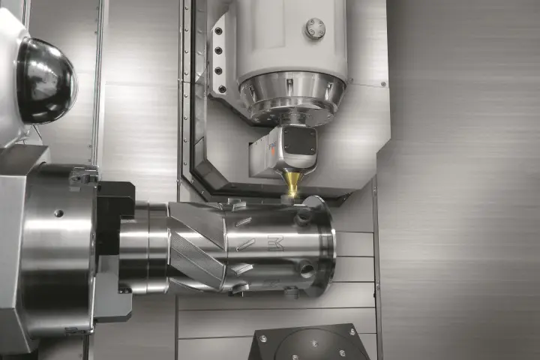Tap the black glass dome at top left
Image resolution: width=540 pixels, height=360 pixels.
[45, 80]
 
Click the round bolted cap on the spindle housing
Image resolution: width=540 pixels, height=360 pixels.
[315, 28]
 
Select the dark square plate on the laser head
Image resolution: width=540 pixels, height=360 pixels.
[299, 140]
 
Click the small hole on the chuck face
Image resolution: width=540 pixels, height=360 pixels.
[58, 213]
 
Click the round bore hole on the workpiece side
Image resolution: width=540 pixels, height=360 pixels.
[306, 268]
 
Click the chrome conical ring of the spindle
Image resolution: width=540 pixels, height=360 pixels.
[292, 97]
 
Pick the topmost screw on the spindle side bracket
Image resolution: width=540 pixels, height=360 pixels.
[219, 30]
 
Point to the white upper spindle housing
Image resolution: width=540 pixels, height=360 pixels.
[292, 37]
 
